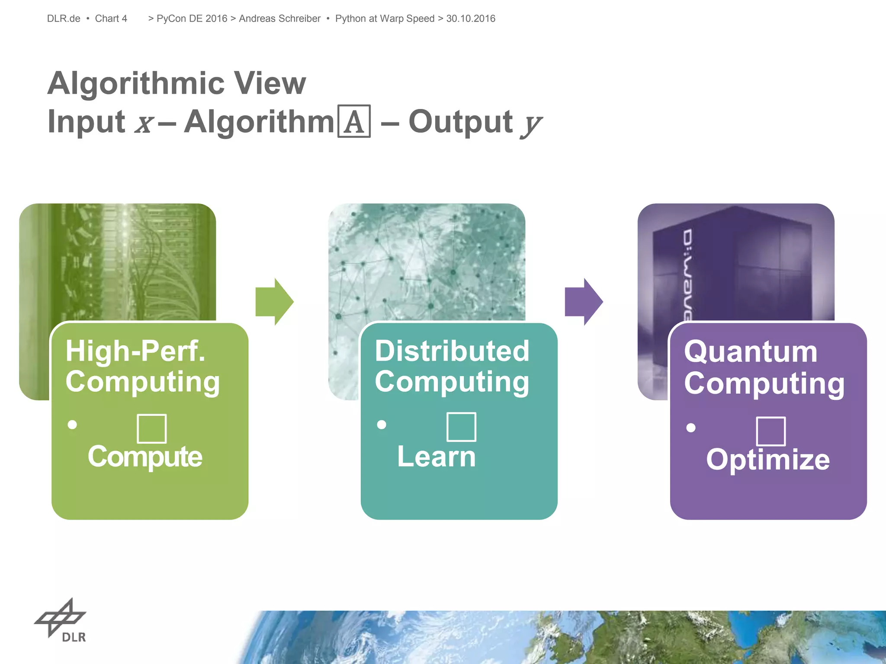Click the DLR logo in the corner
point(61,620)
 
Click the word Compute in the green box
point(145,456)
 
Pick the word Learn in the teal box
point(436,456)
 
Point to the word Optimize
point(768,459)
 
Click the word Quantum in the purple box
point(751,351)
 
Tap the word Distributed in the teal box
point(452,351)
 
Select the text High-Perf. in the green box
point(135,351)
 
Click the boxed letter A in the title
point(354,121)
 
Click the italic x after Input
point(144,124)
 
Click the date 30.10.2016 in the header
point(471,19)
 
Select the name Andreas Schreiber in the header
point(279,19)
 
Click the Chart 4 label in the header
point(111,19)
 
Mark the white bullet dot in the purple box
point(691,428)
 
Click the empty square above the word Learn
point(461,427)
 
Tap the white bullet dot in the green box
point(72,425)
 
